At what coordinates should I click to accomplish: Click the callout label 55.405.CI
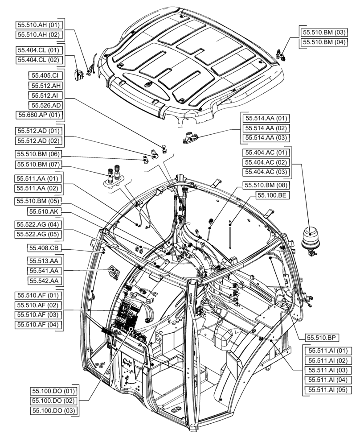(45, 75)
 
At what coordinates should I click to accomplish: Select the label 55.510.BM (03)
(323, 32)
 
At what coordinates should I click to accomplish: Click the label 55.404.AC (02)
(266, 162)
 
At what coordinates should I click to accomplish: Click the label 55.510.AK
(45, 211)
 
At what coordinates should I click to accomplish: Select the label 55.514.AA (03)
(266, 138)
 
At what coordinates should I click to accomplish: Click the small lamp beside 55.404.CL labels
(81, 75)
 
